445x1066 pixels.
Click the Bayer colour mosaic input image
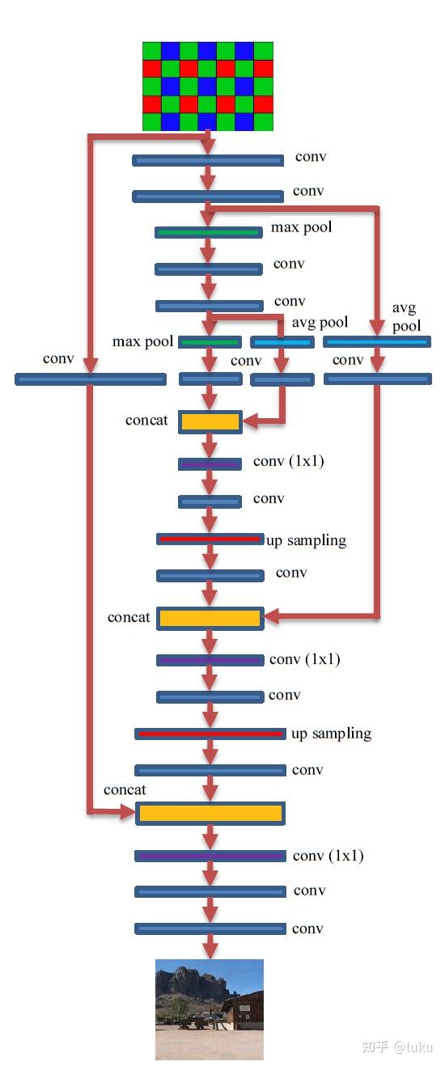[208, 86]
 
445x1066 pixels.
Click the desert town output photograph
[210, 1009]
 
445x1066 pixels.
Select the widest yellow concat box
[210, 813]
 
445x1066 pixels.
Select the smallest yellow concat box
[210, 421]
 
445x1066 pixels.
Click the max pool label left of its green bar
[142, 342]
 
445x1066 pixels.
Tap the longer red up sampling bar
[210, 734]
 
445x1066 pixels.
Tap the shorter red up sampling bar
[210, 539]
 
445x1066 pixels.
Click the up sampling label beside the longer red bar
[331, 734]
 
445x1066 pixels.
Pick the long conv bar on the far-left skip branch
[91, 379]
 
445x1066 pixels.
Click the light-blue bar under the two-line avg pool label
[377, 342]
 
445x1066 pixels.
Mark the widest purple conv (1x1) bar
[210, 856]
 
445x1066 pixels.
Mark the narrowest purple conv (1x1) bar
[210, 464]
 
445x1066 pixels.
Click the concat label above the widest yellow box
[125, 789]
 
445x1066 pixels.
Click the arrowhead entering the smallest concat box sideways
[248, 421]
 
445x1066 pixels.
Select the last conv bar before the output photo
[210, 929]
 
